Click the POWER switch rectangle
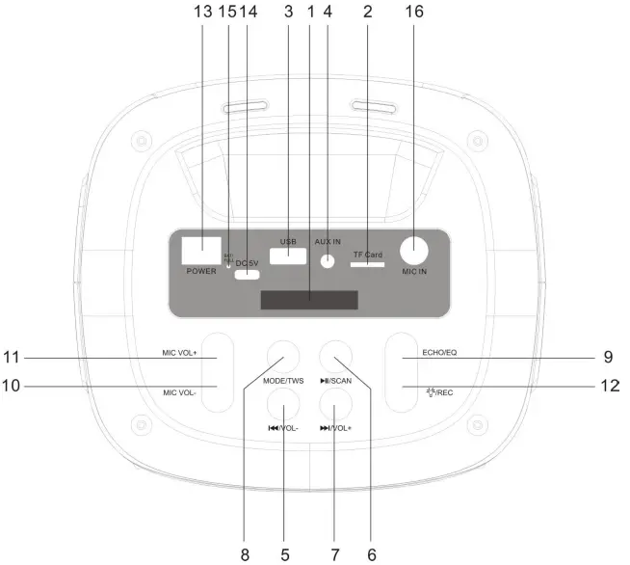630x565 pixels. pyautogui.click(x=200, y=250)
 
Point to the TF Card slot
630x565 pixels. pyautogui.click(x=367, y=261)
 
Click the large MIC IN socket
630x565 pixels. pyautogui.click(x=415, y=252)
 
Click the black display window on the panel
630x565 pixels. pyautogui.click(x=308, y=299)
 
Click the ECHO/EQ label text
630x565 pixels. pyautogui.click(x=438, y=352)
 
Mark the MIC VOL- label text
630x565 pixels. pyautogui.click(x=180, y=392)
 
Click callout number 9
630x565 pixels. pyautogui.click(x=608, y=357)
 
